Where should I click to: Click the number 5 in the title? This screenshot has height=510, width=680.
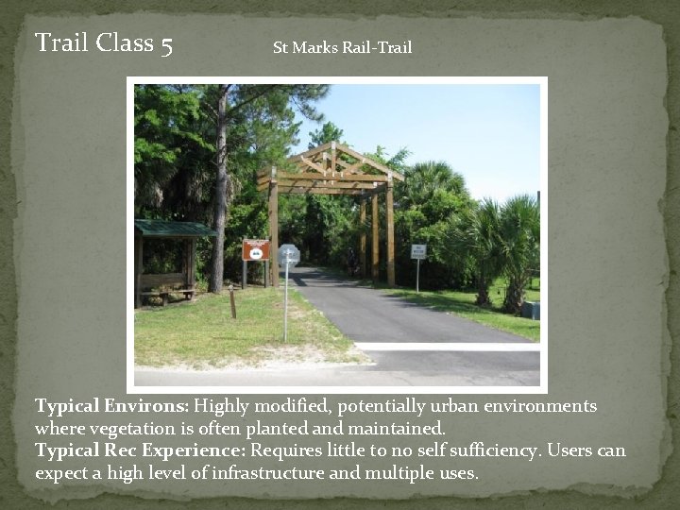click(166, 43)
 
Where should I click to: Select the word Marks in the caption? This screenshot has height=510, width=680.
click(314, 47)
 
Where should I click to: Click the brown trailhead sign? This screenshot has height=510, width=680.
click(255, 249)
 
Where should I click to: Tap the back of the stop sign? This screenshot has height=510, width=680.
click(288, 255)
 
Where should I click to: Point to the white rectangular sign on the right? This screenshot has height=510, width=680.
click(417, 251)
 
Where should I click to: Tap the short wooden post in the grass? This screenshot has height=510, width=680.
click(232, 302)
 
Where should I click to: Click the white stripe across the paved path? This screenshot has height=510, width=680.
click(444, 347)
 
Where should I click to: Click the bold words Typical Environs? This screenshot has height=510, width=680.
click(112, 406)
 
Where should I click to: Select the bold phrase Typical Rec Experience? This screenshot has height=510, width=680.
click(140, 450)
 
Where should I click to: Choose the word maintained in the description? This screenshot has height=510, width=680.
click(398, 428)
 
